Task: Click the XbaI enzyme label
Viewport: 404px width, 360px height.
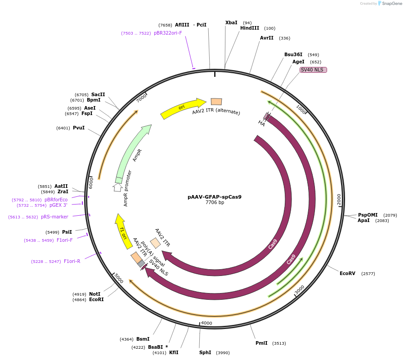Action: click(231, 22)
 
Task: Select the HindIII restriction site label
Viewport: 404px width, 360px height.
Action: click(250, 28)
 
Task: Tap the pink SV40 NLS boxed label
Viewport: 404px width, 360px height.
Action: click(313, 70)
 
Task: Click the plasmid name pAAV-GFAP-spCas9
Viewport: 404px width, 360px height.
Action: click(215, 197)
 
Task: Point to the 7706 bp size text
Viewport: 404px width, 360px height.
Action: click(215, 203)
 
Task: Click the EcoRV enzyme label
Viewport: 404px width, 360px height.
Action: click(347, 273)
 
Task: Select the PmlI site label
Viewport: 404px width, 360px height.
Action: click(261, 343)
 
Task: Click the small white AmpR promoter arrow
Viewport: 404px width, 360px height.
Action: click(117, 187)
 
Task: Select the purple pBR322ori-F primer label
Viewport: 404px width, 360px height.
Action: click(168, 33)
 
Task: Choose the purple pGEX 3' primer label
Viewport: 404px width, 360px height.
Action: click(58, 205)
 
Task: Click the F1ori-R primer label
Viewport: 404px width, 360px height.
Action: click(72, 261)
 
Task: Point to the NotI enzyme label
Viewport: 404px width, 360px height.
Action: click(95, 294)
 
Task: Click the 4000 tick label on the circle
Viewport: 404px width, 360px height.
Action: click(206, 323)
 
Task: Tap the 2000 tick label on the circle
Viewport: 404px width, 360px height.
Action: click(339, 199)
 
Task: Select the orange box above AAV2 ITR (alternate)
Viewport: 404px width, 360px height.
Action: click(216, 102)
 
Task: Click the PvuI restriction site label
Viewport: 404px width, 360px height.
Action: click(79, 128)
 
